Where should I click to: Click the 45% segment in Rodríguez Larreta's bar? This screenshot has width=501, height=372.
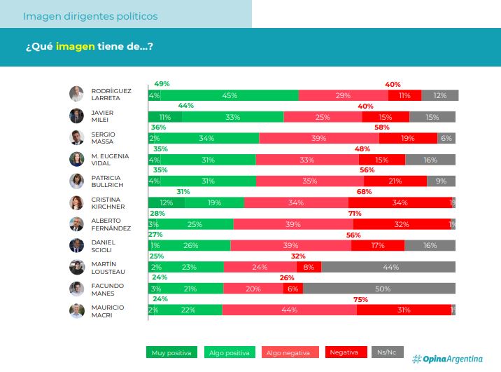(228, 95)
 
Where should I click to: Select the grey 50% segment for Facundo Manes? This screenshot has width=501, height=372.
(382, 289)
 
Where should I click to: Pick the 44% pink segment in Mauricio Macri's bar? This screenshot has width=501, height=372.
(289, 310)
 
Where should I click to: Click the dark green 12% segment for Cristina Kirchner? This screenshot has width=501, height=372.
(166, 202)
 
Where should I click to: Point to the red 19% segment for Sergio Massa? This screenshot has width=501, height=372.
(408, 138)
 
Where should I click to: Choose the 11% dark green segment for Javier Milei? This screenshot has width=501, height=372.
(165, 117)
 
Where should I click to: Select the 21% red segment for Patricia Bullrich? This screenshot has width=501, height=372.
(395, 181)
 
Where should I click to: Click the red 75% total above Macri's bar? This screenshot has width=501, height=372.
(361, 299)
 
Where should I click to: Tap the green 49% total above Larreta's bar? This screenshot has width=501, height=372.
(162, 84)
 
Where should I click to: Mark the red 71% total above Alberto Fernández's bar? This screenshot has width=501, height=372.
(355, 213)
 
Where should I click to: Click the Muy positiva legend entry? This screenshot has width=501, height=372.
(171, 352)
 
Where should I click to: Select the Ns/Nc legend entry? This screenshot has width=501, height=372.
(386, 352)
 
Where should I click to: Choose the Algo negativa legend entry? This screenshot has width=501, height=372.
(290, 352)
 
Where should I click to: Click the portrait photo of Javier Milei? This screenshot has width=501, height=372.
(76, 116)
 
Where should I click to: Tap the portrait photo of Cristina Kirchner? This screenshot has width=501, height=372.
(76, 202)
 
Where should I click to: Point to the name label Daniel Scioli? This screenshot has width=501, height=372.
(103, 246)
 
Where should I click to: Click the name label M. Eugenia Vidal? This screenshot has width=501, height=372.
(108, 160)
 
